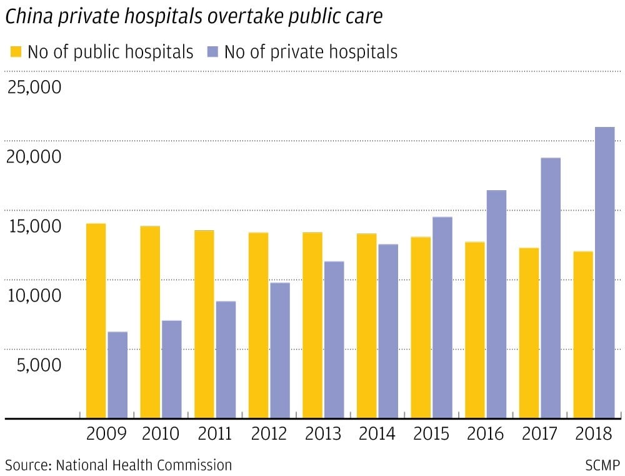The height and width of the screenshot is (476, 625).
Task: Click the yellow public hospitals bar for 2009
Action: [96, 320]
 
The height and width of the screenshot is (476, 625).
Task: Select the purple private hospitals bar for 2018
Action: [604, 272]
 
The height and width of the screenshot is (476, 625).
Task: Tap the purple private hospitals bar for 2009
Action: [117, 374]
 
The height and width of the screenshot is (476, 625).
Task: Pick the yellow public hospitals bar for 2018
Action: [582, 334]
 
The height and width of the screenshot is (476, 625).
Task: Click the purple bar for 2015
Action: [442, 317]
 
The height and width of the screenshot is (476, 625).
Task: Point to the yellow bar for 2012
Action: [258, 325]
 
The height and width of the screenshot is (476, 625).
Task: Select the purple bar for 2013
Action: [334, 339]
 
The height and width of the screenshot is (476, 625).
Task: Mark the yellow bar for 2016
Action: [474, 330]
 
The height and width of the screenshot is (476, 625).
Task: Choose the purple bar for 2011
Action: [226, 359]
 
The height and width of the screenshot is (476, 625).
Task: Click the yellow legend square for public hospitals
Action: [16, 51]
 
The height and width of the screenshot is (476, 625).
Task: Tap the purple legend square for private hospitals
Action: [212, 51]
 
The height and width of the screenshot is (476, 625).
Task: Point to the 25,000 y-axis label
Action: [34, 87]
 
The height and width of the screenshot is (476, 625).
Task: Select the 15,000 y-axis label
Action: [34, 226]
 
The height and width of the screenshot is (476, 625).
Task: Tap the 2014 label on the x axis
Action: [377, 433]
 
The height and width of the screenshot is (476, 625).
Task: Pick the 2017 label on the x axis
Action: [539, 433]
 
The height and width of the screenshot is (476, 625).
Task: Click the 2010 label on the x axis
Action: [161, 433]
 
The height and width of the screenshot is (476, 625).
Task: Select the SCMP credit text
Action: [602, 465]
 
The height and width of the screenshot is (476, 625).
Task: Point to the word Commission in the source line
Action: [198, 465]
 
